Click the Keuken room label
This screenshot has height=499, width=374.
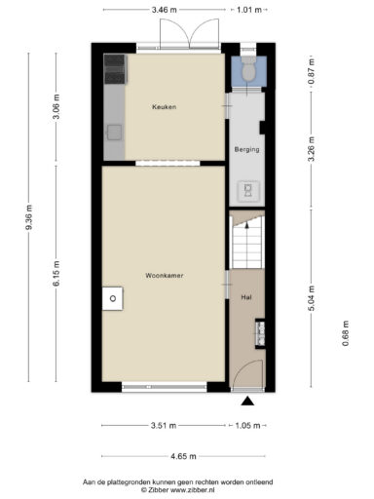point(165,107)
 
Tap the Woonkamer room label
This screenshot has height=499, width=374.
point(165,276)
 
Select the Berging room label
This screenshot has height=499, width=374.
point(247,150)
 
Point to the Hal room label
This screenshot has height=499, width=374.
point(246,297)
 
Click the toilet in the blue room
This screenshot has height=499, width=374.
point(249,69)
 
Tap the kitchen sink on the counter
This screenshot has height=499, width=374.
point(114,133)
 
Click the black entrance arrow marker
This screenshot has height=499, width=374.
point(247,402)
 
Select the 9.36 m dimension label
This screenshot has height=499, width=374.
point(29,217)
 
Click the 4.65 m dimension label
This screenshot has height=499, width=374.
point(183,456)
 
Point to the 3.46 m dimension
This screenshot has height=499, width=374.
point(165,10)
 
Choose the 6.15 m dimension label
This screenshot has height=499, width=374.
point(56,273)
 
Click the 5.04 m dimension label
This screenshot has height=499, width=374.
point(312,298)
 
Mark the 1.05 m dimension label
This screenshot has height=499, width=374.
point(247,426)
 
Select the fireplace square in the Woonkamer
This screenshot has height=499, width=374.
point(113,298)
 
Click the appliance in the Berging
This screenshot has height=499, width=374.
point(248,190)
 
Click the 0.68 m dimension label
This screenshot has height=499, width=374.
point(346,333)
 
